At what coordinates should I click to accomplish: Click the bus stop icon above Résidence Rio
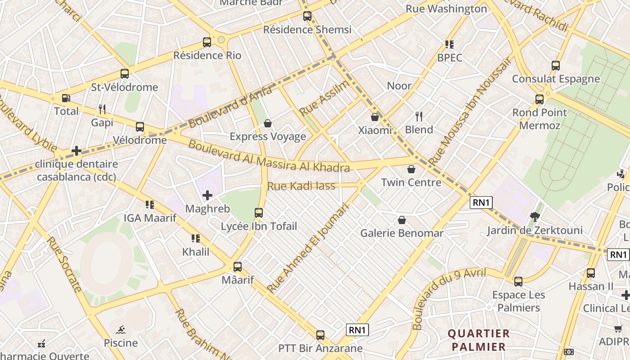click(207, 42)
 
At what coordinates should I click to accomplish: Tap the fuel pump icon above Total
click(66, 98)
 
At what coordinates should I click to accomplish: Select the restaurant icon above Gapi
click(102, 109)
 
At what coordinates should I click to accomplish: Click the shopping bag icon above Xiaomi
click(375, 117)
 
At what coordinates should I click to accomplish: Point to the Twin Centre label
click(411, 182)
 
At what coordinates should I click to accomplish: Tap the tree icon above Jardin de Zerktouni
click(535, 217)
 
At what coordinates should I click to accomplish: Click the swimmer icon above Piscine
click(121, 330)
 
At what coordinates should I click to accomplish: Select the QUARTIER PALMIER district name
click(479, 340)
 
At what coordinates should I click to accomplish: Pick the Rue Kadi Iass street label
click(301, 185)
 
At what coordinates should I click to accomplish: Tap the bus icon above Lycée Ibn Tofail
click(259, 213)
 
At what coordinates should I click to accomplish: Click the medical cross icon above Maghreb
click(207, 195)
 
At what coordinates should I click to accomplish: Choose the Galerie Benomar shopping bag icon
click(402, 220)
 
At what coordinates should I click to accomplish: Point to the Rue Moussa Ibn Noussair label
click(470, 111)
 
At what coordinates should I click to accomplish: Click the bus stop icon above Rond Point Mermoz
click(540, 99)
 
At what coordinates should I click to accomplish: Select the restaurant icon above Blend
click(419, 117)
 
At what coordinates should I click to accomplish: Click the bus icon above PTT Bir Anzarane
click(320, 335)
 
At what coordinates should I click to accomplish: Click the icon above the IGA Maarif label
click(150, 205)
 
